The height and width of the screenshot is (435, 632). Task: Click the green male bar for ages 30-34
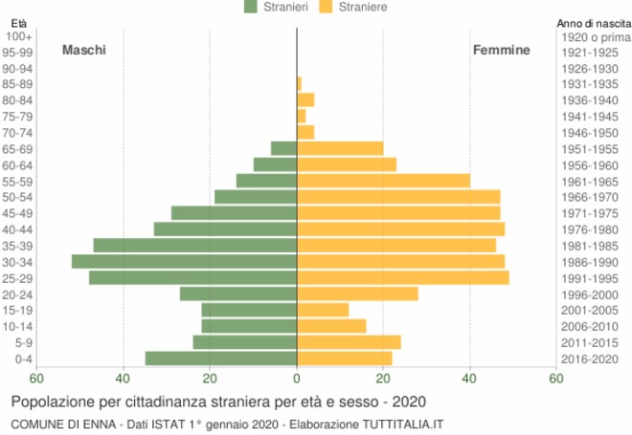(184, 261)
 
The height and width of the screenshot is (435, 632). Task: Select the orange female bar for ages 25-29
(402, 277)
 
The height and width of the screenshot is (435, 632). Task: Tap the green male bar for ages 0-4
(221, 358)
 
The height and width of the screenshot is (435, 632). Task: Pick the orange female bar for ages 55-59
(383, 181)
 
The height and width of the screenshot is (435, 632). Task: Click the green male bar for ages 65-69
(283, 148)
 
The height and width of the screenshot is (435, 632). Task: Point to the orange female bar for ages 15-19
(323, 310)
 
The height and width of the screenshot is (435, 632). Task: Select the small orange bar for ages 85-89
(300, 84)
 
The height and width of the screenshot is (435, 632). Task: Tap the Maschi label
(84, 50)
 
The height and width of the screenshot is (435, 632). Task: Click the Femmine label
(501, 50)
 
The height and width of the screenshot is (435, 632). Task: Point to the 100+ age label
(19, 36)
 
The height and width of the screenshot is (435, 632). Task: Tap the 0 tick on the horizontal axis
(297, 379)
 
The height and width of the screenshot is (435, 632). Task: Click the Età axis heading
(18, 22)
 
